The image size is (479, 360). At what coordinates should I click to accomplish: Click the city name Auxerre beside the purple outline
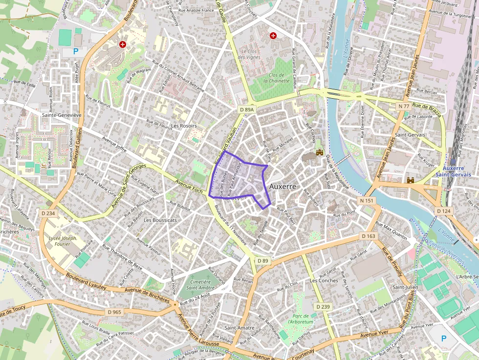283,187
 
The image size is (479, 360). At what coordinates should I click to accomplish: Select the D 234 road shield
49,213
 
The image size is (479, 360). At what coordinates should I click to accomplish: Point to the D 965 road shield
113,311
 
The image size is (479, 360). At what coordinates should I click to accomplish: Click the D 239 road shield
323,306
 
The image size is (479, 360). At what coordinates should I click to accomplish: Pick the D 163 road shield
369,236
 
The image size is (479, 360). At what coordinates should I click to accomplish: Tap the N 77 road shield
404,106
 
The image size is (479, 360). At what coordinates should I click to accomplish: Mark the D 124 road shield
444,211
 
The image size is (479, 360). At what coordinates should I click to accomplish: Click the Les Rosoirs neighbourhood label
184,126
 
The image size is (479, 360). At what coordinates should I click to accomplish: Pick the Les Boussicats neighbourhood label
160,220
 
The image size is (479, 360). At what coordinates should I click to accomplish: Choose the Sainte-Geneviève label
62,115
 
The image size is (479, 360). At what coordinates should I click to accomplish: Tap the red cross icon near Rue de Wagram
122,44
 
